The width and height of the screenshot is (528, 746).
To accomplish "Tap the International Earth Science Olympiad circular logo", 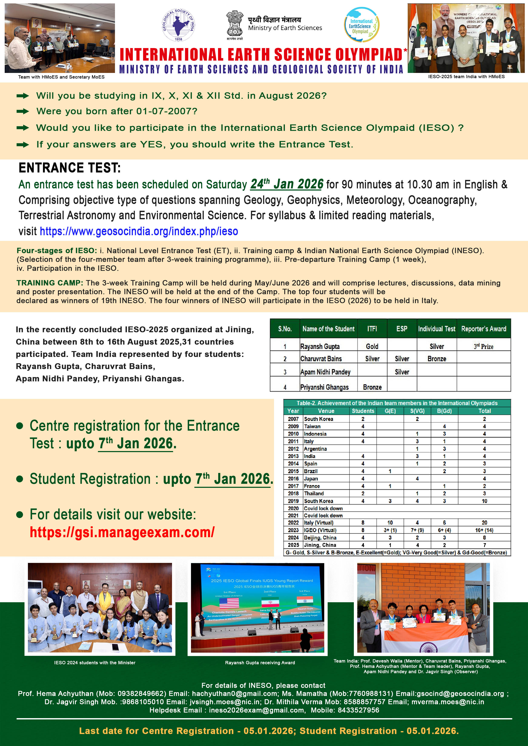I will pyautogui.click(x=362, y=25).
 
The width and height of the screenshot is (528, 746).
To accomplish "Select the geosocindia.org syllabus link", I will pyautogui.click(x=139, y=231).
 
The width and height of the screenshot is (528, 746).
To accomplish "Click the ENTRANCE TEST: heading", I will pyautogui.click(x=70, y=168).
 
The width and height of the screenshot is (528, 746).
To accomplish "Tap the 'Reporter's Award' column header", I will pyautogui.click(x=484, y=329).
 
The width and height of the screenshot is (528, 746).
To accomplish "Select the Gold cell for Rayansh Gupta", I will pyautogui.click(x=372, y=346).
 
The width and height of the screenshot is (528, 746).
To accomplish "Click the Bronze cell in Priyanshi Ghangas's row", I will pyautogui.click(x=372, y=387).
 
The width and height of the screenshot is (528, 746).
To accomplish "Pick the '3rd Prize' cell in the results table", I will pyautogui.click(x=484, y=346).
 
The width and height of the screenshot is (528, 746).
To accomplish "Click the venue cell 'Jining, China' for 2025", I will pyautogui.click(x=320, y=545).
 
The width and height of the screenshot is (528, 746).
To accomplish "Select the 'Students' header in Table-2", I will pyautogui.click(x=363, y=411).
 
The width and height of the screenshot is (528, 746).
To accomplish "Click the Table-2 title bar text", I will pyautogui.click(x=397, y=403).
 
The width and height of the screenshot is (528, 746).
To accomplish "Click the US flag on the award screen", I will pyautogui.click(x=229, y=603).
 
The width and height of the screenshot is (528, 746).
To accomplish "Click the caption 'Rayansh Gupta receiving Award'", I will pyautogui.click(x=260, y=662).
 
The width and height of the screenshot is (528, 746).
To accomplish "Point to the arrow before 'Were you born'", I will pyautogui.click(x=23, y=111).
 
